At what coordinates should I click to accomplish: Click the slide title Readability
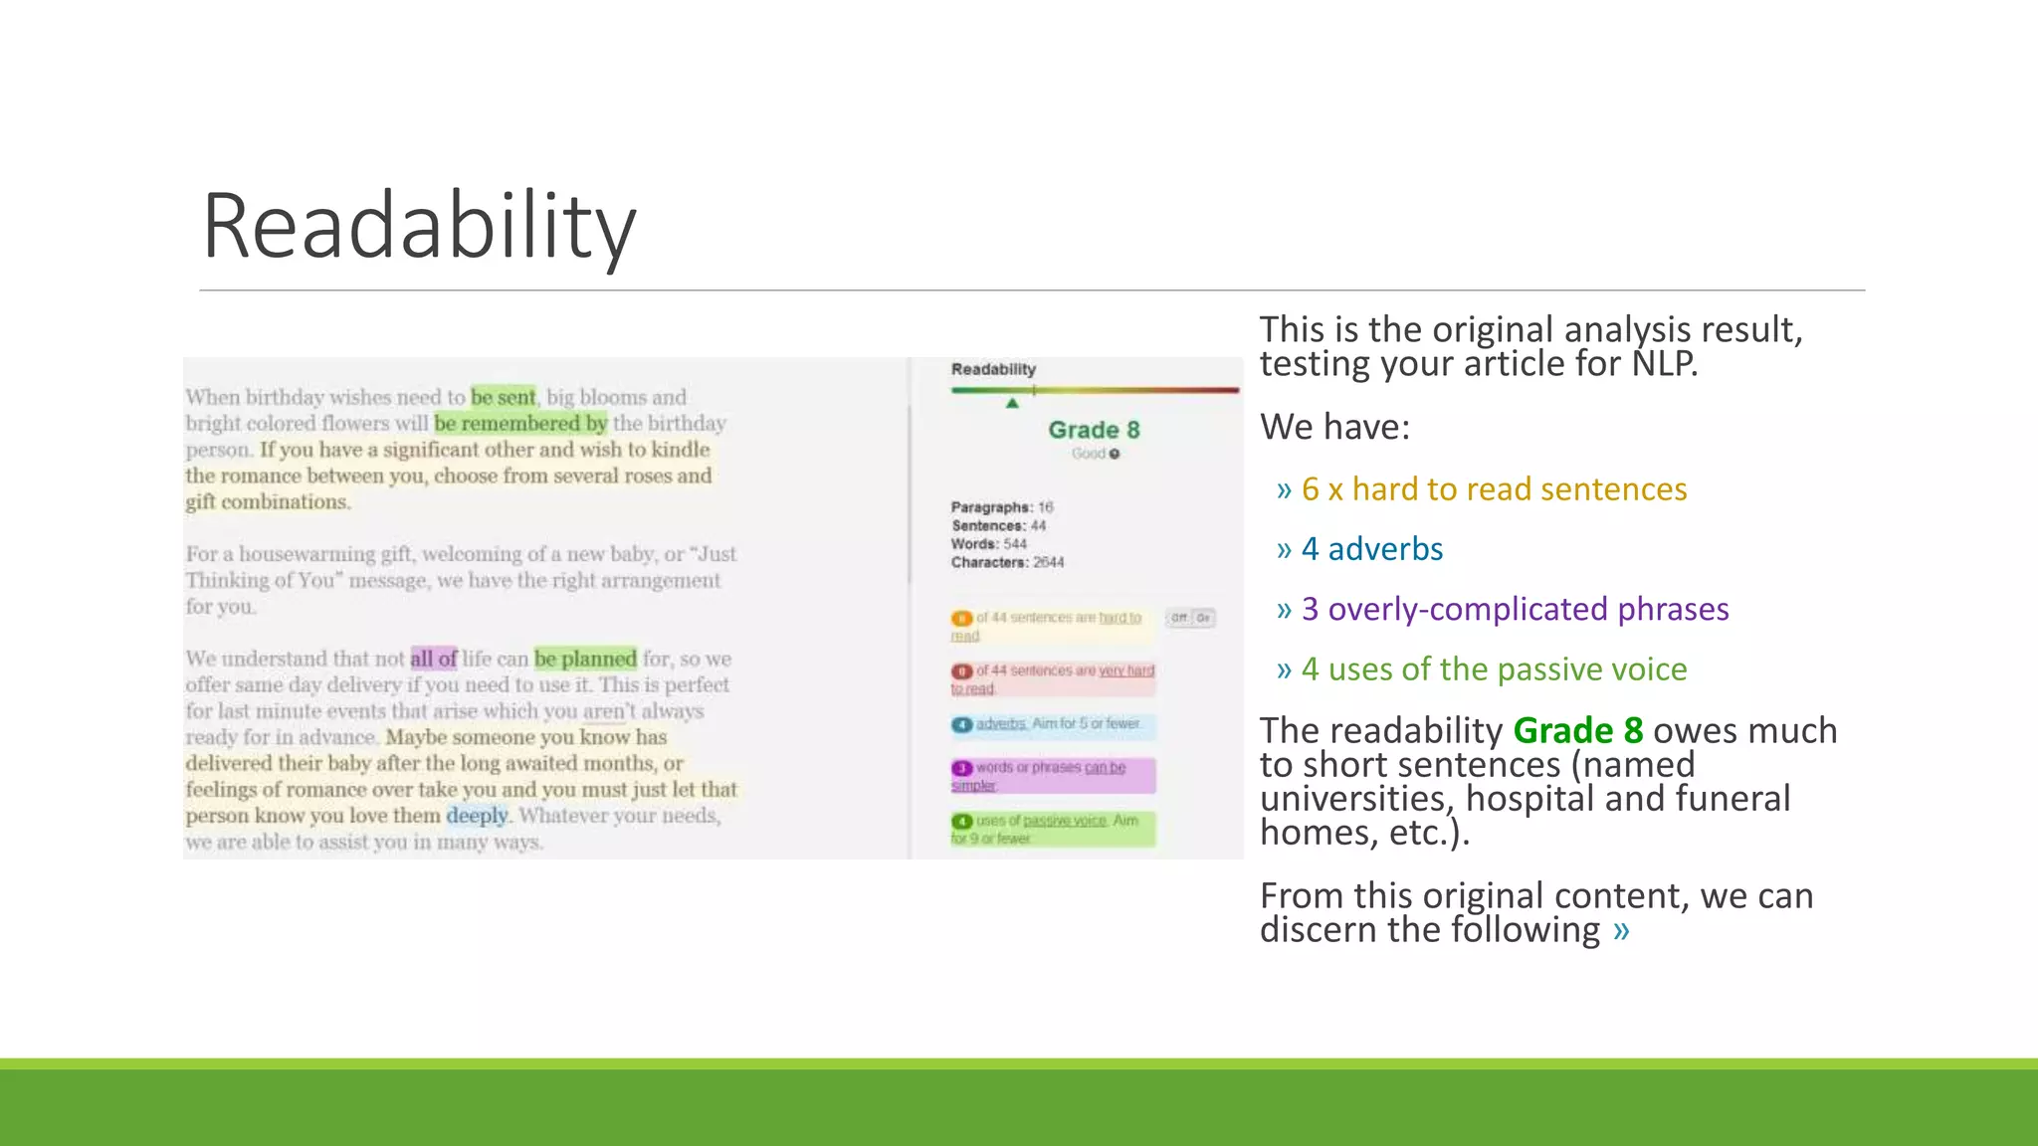click(x=419, y=227)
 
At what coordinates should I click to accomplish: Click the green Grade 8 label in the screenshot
click(x=1094, y=430)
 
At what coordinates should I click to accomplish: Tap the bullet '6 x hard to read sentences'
click(x=1494, y=489)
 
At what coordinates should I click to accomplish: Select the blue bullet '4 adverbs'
click(x=1371, y=549)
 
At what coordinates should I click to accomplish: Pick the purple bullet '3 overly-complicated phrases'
click(x=1515, y=609)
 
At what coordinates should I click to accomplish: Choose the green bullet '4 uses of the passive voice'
click(x=1494, y=669)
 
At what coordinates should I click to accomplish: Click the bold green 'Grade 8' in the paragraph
click(x=1577, y=731)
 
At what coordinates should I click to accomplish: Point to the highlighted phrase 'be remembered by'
click(x=520, y=424)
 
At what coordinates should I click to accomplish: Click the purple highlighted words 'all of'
click(x=433, y=659)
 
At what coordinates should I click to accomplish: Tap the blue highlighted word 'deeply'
click(x=477, y=816)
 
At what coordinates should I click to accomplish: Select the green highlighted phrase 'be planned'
click(x=585, y=659)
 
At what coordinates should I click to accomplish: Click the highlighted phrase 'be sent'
click(x=503, y=397)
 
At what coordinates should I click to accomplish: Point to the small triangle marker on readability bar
click(x=1012, y=403)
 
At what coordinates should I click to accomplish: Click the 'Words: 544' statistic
click(x=988, y=544)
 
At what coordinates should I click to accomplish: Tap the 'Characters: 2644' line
click(x=1007, y=562)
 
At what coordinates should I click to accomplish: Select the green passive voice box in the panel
click(x=1053, y=829)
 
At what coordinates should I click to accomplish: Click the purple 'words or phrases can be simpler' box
click(x=1053, y=776)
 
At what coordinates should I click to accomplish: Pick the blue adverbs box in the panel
click(x=1053, y=724)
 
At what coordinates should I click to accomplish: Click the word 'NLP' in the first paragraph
click(x=1664, y=364)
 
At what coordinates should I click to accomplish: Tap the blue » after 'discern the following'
click(x=1622, y=930)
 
